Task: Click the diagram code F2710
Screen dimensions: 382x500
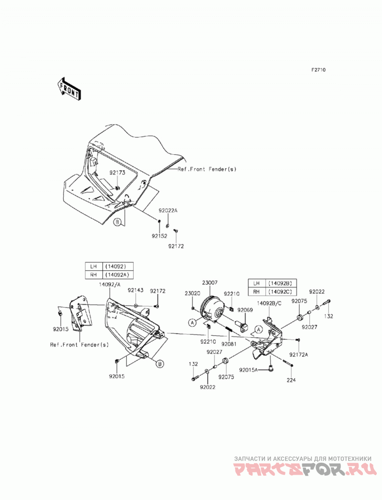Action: (x=318, y=70)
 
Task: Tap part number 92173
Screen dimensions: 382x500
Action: (x=117, y=172)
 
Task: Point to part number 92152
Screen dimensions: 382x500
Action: (x=159, y=236)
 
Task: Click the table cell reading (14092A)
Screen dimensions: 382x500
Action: (x=117, y=275)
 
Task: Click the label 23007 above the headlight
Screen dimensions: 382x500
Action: (x=210, y=283)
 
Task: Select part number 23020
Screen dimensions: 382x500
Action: (x=192, y=293)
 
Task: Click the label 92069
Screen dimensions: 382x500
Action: (x=245, y=309)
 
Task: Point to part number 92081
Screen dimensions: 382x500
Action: (x=229, y=344)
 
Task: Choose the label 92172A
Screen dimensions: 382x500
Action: (x=299, y=354)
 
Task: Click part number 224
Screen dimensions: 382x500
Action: (x=291, y=380)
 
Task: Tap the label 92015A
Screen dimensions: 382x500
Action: (x=249, y=370)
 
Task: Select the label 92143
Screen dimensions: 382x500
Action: (x=136, y=290)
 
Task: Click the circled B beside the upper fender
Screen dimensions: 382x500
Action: (x=117, y=222)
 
